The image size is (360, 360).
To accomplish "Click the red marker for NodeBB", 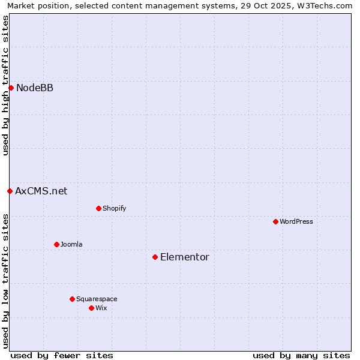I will tap(11, 88).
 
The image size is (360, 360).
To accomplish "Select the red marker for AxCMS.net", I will tap(10, 191).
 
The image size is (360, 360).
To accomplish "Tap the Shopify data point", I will tap(98, 209).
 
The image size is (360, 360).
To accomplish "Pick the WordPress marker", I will tap(275, 222).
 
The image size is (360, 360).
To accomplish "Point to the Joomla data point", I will tap(56, 245).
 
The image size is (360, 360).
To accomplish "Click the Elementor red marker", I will tap(155, 257).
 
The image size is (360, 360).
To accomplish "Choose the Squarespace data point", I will tap(72, 299).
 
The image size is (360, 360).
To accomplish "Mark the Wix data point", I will tap(91, 308).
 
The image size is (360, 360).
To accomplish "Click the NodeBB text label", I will tap(35, 88).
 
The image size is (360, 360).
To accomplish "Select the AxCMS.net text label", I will tap(41, 191).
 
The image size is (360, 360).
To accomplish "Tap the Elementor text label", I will tap(185, 257).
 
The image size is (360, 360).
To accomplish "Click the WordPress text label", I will tap(296, 222).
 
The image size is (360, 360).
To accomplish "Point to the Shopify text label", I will tap(115, 209).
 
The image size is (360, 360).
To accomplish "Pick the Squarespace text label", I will tap(97, 299).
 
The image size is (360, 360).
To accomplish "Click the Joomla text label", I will tap(71, 245).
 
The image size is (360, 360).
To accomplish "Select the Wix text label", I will tap(101, 308).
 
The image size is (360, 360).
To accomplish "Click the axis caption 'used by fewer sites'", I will tap(62, 355).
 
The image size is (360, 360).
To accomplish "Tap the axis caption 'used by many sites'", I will tap(301, 355).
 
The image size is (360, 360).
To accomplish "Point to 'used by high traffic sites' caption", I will tap(5, 85).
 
